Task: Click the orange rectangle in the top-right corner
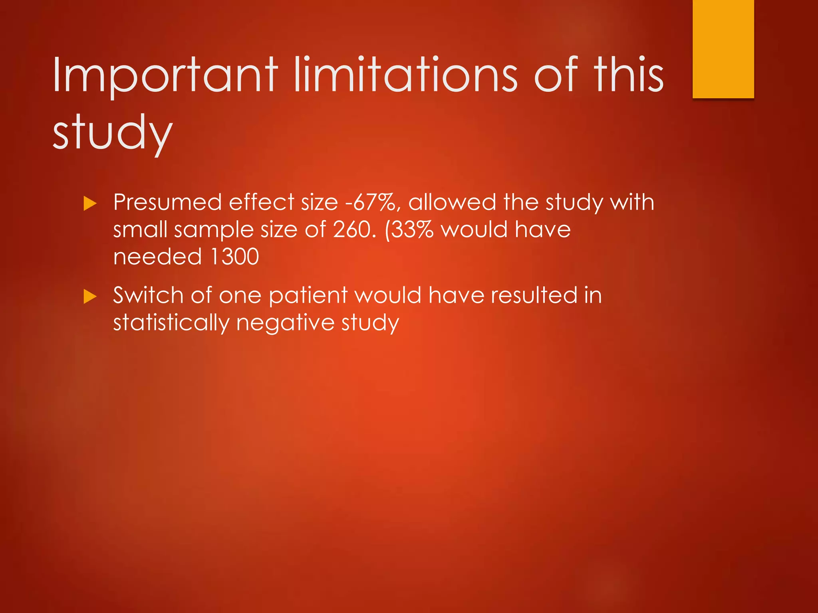[x=723, y=49]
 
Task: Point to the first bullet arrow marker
[x=90, y=204]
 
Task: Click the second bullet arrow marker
[x=90, y=297]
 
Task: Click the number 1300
[x=234, y=257]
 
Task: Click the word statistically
[x=171, y=323]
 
